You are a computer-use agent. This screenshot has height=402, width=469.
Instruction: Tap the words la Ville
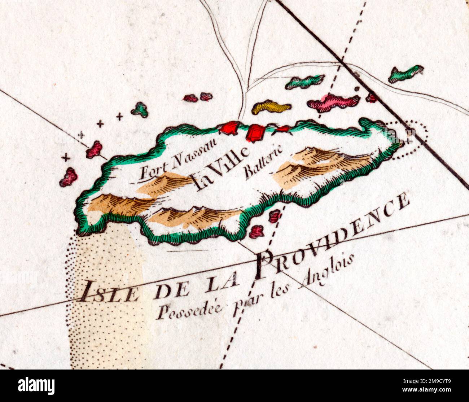click(x=221, y=169)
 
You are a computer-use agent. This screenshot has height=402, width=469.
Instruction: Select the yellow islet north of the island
click(x=271, y=107)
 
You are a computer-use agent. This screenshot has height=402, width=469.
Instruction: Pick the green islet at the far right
click(x=406, y=73)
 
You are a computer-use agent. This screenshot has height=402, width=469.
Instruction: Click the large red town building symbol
click(x=255, y=133)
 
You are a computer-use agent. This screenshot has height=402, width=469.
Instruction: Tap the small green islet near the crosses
click(x=140, y=109)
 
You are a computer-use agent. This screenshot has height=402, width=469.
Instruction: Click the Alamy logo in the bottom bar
click(x=36, y=386)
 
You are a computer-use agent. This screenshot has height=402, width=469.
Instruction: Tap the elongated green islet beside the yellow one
click(x=305, y=82)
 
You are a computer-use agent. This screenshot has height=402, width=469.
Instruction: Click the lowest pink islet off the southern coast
click(x=257, y=231)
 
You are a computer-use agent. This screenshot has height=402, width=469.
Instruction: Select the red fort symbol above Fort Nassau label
click(x=230, y=128)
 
